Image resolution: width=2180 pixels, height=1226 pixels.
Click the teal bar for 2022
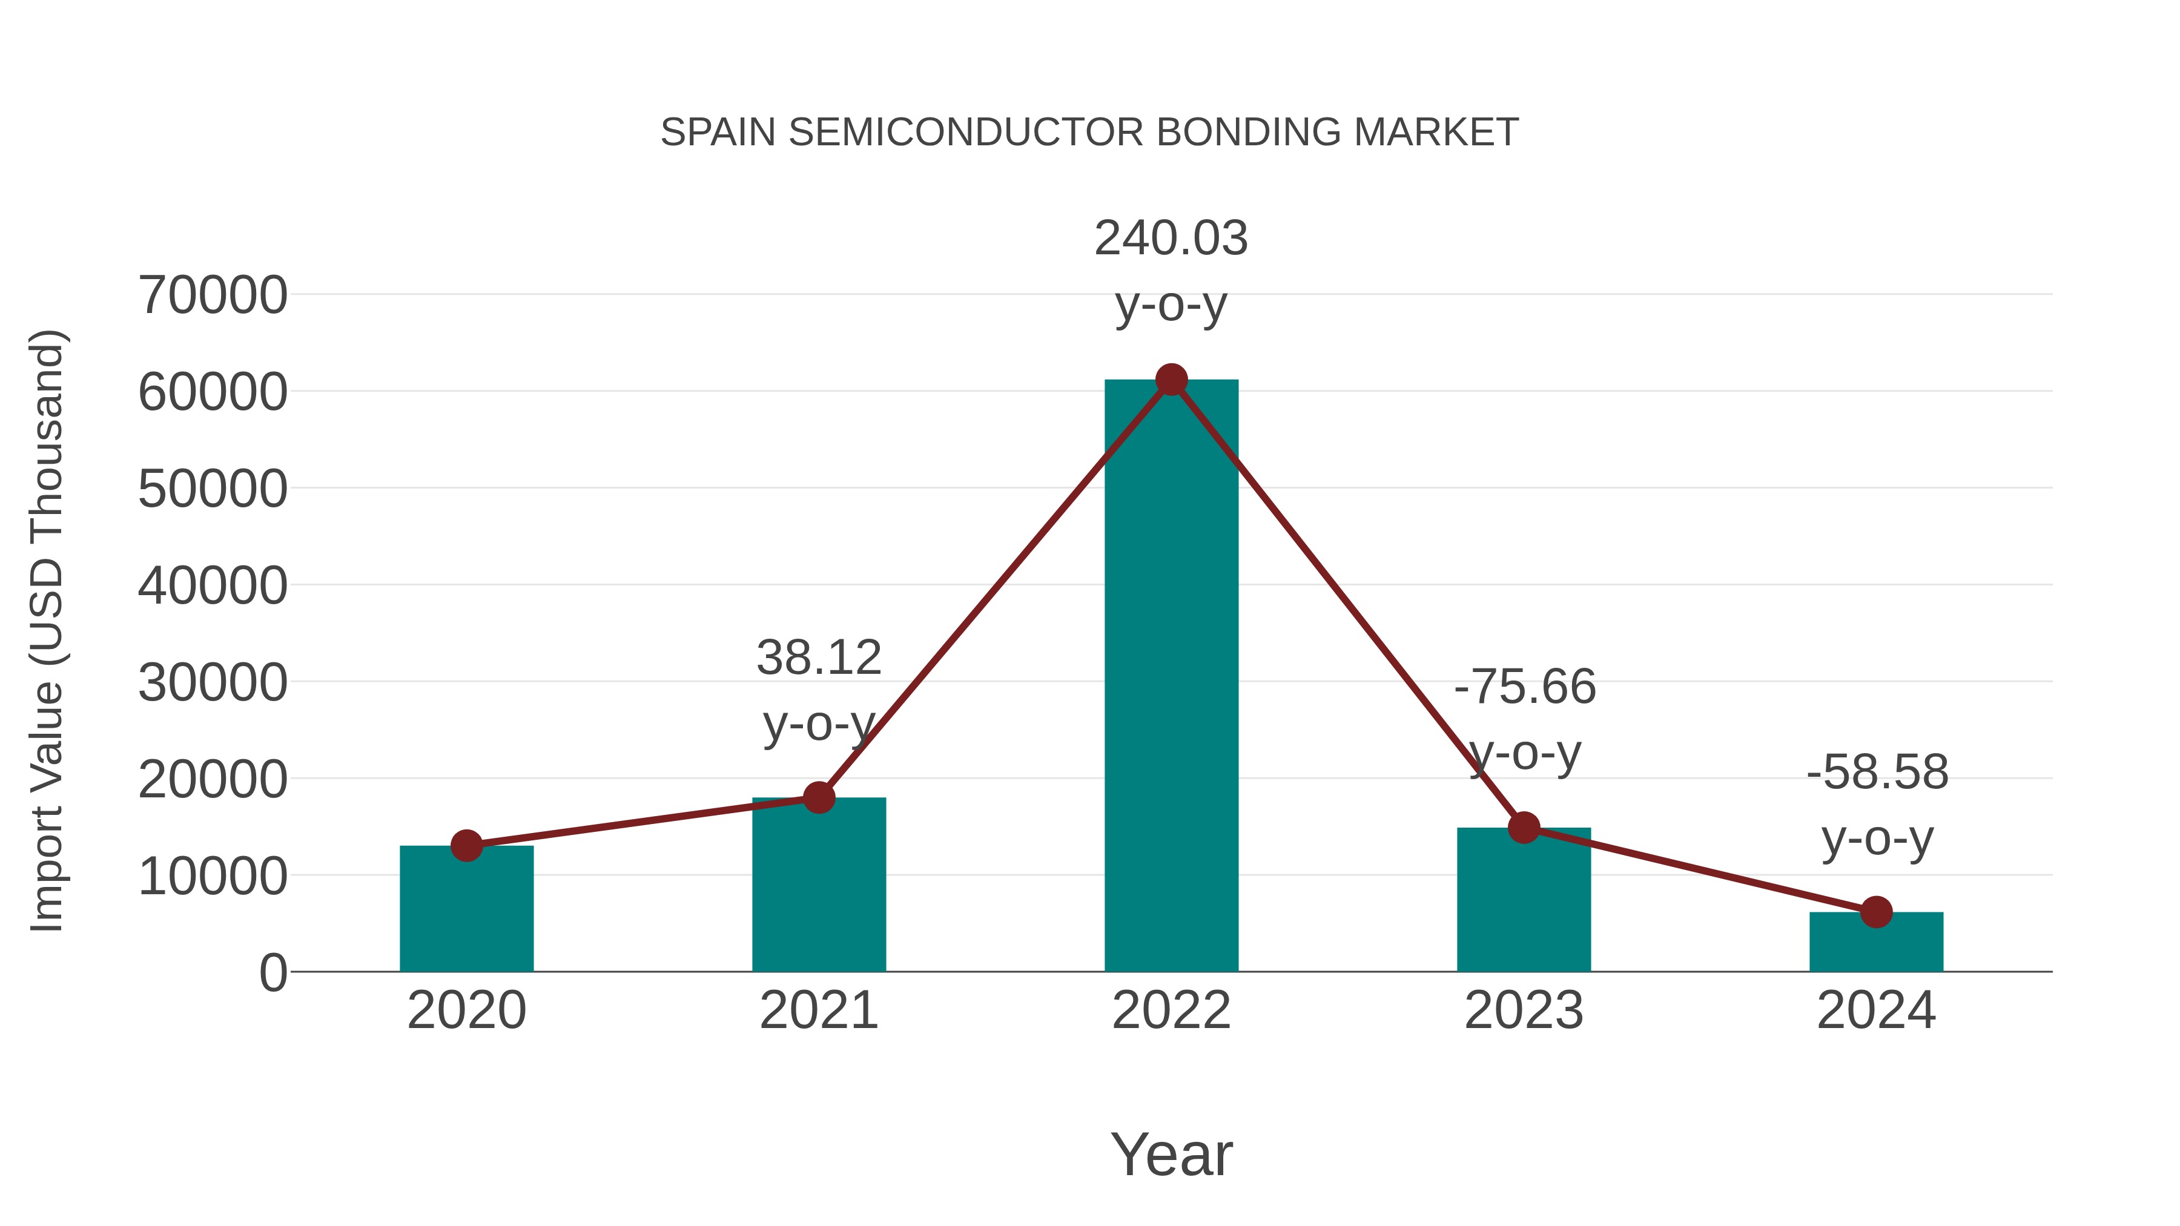[1171, 677]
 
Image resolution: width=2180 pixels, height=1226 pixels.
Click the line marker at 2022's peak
[1171, 380]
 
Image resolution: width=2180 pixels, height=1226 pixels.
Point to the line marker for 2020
[466, 845]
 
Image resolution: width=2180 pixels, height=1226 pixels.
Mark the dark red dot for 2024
[1876, 912]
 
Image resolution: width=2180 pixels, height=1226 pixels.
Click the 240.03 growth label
[1171, 238]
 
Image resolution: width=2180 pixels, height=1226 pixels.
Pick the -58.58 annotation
[1877, 773]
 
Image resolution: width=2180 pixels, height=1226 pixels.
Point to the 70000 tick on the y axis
[213, 295]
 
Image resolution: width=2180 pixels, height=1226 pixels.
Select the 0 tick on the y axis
[272, 972]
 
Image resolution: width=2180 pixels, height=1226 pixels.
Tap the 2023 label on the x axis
[1524, 1010]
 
